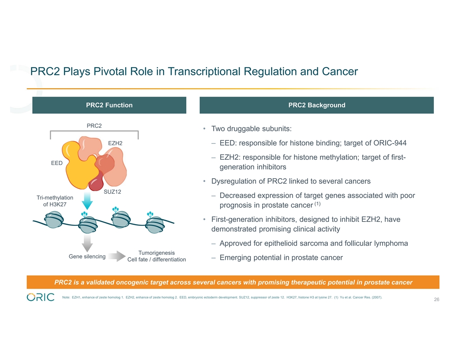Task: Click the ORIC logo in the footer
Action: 41,297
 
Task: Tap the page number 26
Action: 436,300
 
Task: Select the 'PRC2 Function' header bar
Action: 109,105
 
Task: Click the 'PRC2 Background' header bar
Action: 316,105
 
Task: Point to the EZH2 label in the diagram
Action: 115,143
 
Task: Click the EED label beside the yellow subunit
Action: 56,163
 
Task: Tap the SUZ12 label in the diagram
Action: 112,192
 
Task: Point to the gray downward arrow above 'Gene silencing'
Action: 87,242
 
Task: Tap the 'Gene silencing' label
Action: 87,256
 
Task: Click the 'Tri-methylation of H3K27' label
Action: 55,201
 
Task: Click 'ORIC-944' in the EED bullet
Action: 388,143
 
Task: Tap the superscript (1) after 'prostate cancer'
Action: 317,204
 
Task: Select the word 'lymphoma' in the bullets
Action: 389,243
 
